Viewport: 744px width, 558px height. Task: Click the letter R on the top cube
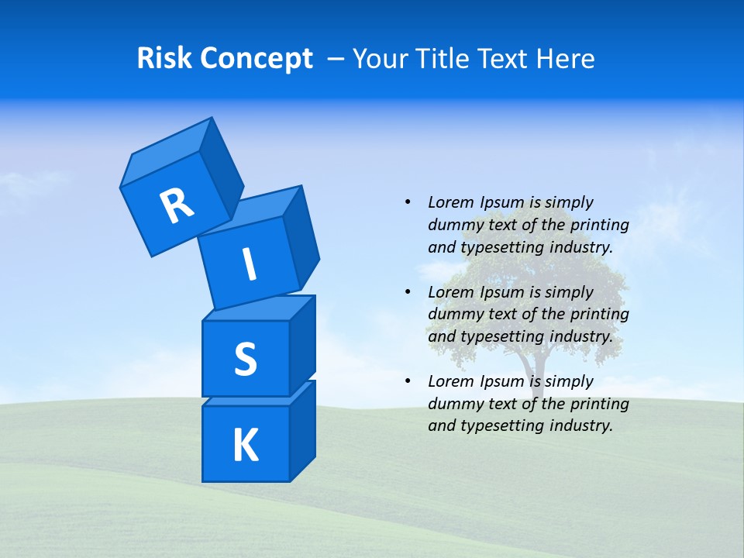[x=177, y=205]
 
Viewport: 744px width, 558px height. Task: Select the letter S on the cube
[x=245, y=359]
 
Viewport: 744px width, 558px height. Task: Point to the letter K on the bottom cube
[x=245, y=446]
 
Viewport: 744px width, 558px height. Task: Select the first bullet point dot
[x=408, y=202]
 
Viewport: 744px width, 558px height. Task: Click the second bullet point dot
[x=408, y=292]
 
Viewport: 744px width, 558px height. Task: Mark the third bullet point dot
[x=408, y=381]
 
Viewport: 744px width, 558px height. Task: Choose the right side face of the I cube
[x=301, y=236]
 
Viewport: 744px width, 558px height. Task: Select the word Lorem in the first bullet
[x=449, y=202]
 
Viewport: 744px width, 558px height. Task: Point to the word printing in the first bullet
[x=602, y=226]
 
